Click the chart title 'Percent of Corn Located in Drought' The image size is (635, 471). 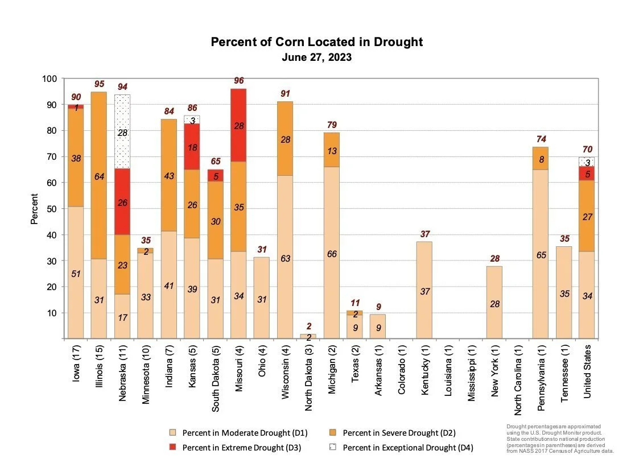[317, 42]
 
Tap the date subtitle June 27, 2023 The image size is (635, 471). [317, 57]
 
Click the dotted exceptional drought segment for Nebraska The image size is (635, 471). [122, 131]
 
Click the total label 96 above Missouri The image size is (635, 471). [239, 81]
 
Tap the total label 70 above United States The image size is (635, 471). [587, 150]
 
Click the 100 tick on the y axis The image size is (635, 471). [49, 78]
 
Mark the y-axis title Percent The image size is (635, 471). [35, 209]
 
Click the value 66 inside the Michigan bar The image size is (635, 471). [332, 254]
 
